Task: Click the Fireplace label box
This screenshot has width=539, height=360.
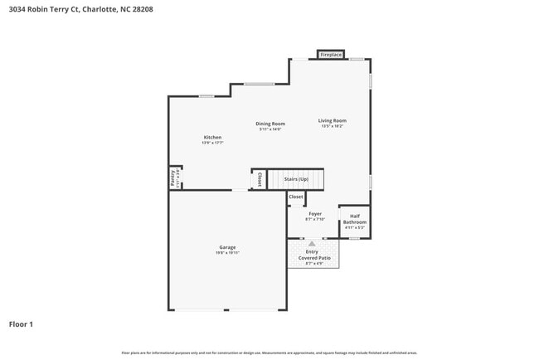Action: pos(331,55)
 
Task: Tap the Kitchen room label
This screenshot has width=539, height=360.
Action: pos(213,137)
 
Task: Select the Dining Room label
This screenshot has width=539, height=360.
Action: pos(270,124)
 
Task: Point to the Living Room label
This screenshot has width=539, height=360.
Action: pos(332,121)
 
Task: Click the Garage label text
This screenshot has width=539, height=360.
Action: pos(227,247)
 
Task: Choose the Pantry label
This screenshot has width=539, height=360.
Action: pos(173,178)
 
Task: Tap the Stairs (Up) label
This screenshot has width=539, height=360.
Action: pos(296,179)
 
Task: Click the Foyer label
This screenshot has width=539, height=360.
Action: pos(314,214)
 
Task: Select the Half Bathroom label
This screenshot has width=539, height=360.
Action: pos(355,219)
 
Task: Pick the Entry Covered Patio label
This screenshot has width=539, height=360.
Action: pos(314,255)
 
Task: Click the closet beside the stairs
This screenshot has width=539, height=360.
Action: pos(260,179)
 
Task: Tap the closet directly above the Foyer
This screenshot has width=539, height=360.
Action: pos(296,197)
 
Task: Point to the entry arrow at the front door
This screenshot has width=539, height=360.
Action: pos(312,244)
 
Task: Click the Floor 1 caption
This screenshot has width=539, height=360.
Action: pos(21,324)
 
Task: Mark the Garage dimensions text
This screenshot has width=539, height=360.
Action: pos(227,253)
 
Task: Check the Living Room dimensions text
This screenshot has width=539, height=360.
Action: pos(332,127)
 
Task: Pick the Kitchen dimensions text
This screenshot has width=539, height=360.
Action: pos(213,143)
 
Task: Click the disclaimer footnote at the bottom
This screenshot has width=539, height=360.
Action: pos(269,353)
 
